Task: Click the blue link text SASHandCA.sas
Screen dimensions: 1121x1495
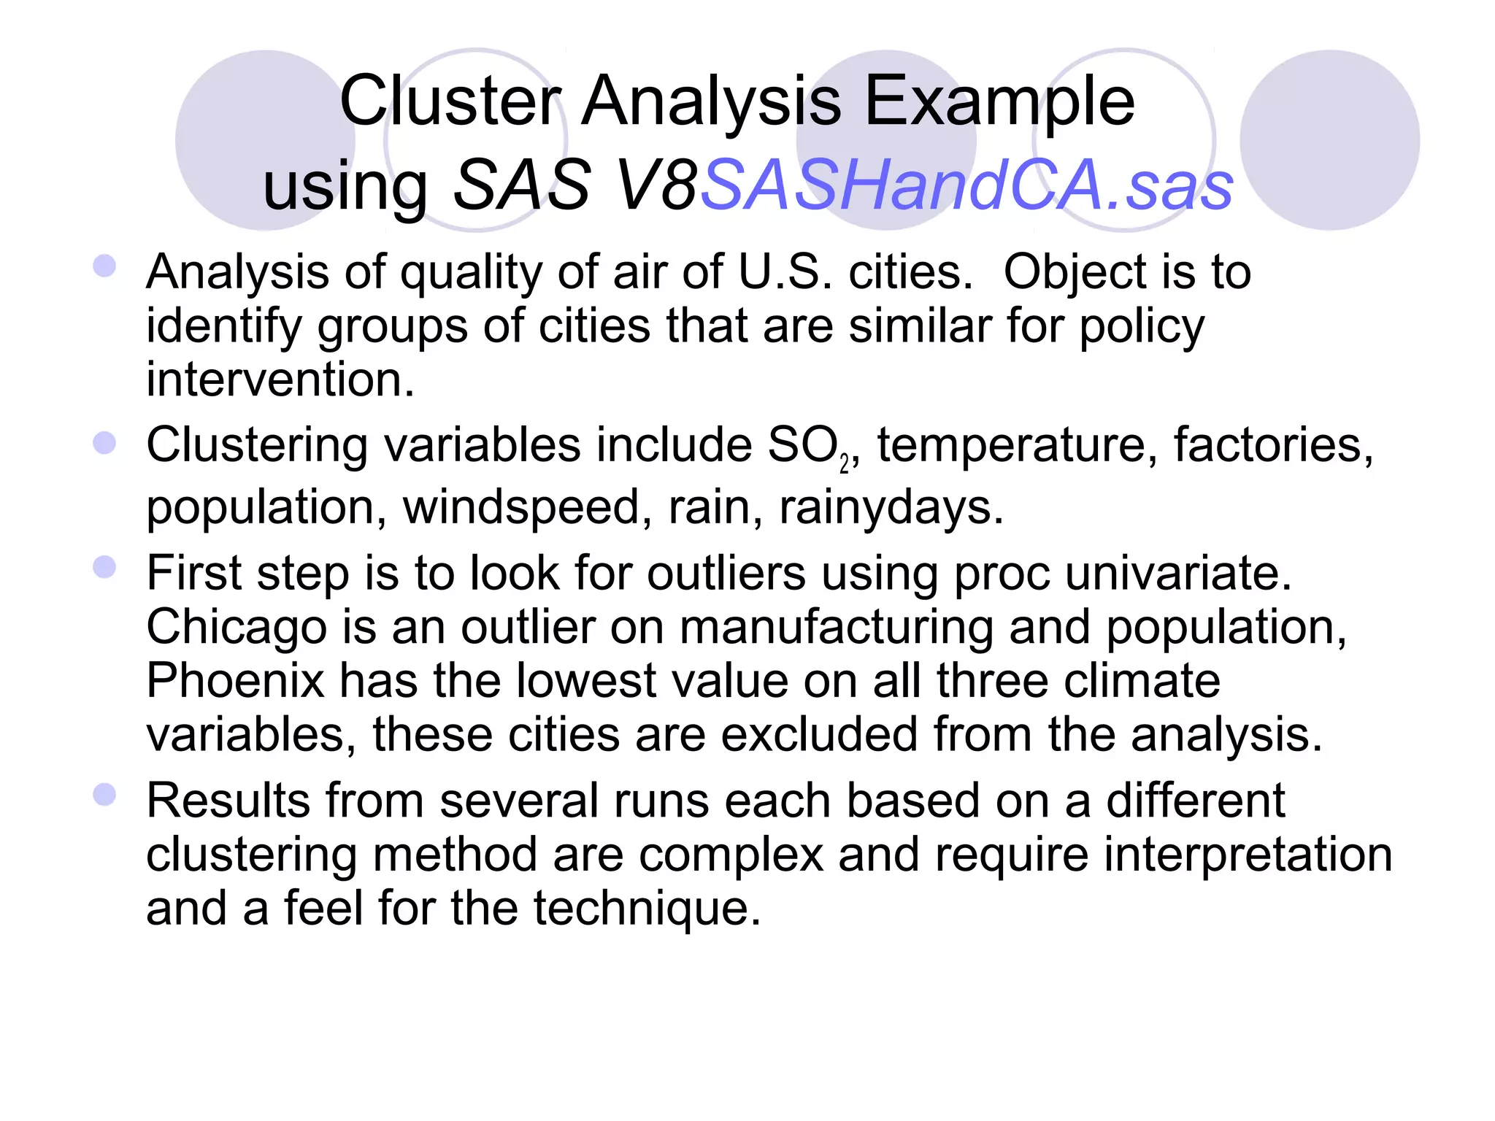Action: click(x=966, y=185)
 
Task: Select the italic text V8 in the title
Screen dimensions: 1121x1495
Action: click(x=657, y=185)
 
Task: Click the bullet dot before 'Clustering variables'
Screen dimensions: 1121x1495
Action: click(x=105, y=442)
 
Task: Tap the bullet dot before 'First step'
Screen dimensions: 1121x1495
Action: click(x=105, y=567)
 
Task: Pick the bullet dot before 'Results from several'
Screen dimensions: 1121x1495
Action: click(x=105, y=794)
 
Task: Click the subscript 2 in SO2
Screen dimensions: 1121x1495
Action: click(x=844, y=464)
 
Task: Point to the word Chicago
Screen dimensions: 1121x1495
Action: click(x=237, y=628)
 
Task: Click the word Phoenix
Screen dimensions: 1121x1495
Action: click(x=235, y=681)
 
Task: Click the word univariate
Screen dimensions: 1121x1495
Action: click(x=1178, y=573)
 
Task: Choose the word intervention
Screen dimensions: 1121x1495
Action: click(x=280, y=380)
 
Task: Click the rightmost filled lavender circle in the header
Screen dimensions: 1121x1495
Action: click(x=1329, y=140)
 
